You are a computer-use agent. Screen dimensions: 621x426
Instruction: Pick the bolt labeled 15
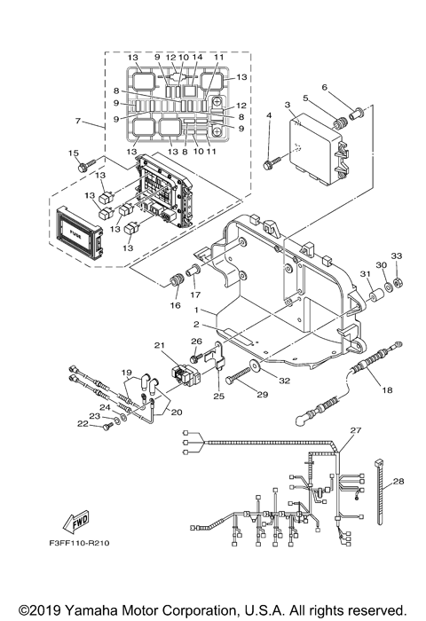83,166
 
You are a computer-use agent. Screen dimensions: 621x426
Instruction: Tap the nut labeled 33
398,282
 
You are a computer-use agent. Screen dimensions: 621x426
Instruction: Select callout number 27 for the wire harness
356,430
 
